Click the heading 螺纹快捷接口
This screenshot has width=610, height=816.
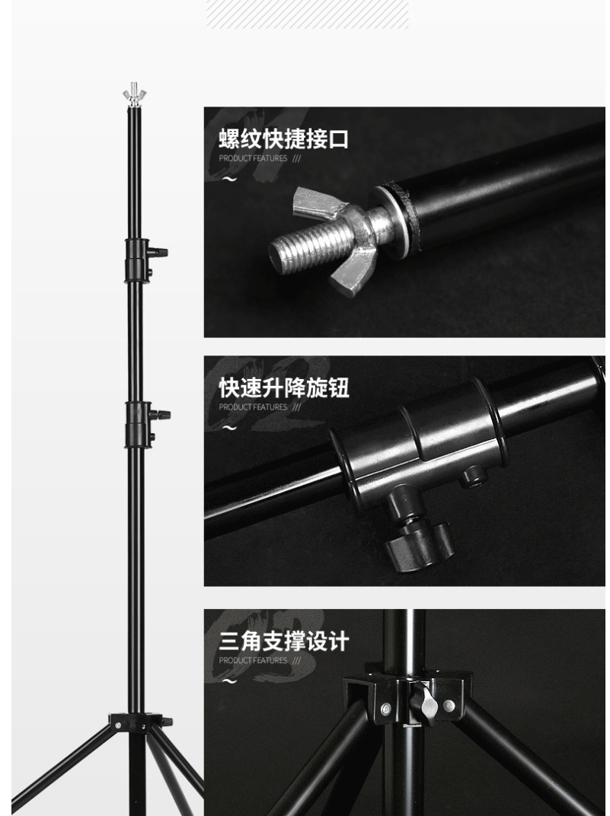pos(283,139)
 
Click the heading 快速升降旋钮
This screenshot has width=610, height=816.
pos(283,387)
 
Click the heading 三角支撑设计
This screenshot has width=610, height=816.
pos(283,641)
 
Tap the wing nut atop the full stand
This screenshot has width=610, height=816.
pos(134,94)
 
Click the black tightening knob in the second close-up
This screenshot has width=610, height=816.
pos(417,543)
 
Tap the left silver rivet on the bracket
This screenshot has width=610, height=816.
pos(386,708)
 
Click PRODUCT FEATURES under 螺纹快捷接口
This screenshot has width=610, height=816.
pos(253,158)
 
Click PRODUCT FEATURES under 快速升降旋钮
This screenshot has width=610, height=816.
pos(253,407)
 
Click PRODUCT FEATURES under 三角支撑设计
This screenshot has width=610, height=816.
pos(253,661)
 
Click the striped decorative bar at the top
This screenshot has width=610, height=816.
pos(308,14)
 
